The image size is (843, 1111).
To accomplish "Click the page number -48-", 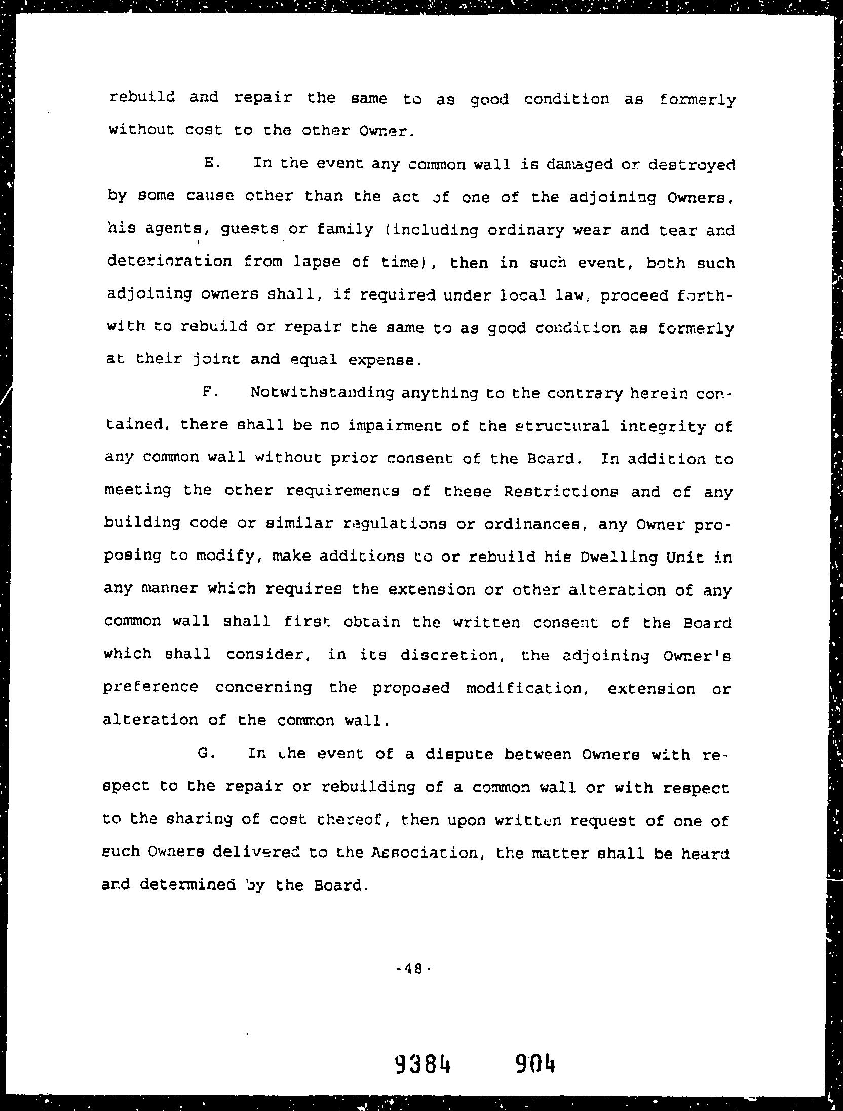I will coord(414,969).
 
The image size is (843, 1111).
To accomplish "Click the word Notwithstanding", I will coord(322,394).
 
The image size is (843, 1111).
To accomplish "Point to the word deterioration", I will coord(170,262).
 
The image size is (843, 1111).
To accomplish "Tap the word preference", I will coord(150,688).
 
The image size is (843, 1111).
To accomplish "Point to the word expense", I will coord(385,360).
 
